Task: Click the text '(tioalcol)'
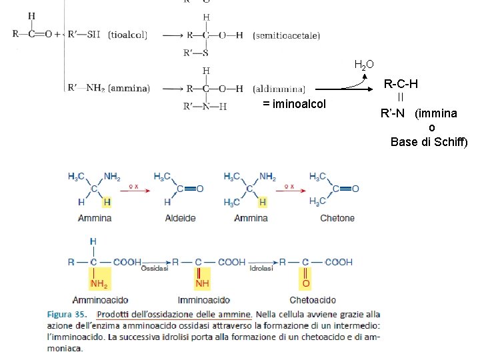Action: point(127,34)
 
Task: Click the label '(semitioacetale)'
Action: point(287,35)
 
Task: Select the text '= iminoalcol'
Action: point(294,104)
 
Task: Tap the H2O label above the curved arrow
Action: point(364,65)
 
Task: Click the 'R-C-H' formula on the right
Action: point(401,84)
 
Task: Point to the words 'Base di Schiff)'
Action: point(429,141)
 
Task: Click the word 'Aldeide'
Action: point(180,218)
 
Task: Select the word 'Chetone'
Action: point(337,218)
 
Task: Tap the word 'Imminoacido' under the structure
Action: point(203,301)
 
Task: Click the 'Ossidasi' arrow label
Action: point(153,268)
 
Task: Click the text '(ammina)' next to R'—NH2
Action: point(129,87)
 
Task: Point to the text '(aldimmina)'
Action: point(279,88)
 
